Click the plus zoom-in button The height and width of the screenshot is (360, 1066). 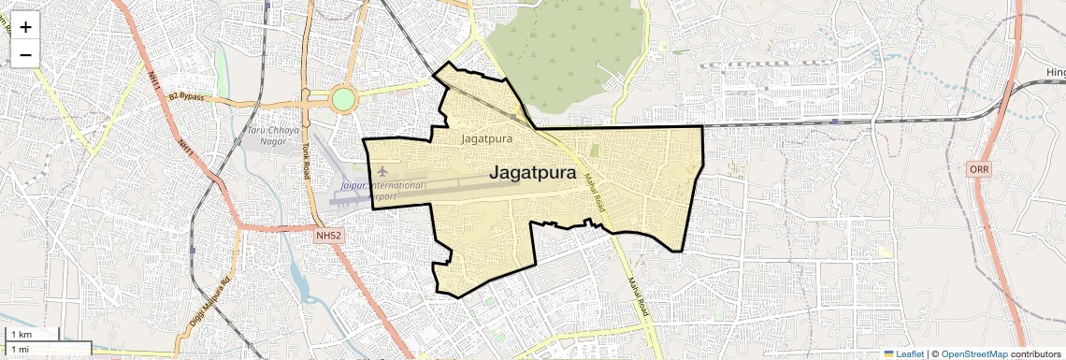click(x=25, y=27)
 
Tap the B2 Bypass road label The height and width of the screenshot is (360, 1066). click(x=186, y=96)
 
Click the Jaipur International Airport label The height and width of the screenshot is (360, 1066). click(x=382, y=191)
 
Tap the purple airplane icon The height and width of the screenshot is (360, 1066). click(x=382, y=171)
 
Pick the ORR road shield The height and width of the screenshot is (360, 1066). click(x=979, y=168)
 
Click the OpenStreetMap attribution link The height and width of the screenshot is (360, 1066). click(x=973, y=353)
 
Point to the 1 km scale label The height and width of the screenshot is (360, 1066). click(x=22, y=334)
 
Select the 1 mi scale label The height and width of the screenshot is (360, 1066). click(x=21, y=349)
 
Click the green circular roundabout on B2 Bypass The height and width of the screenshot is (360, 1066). click(x=343, y=98)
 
